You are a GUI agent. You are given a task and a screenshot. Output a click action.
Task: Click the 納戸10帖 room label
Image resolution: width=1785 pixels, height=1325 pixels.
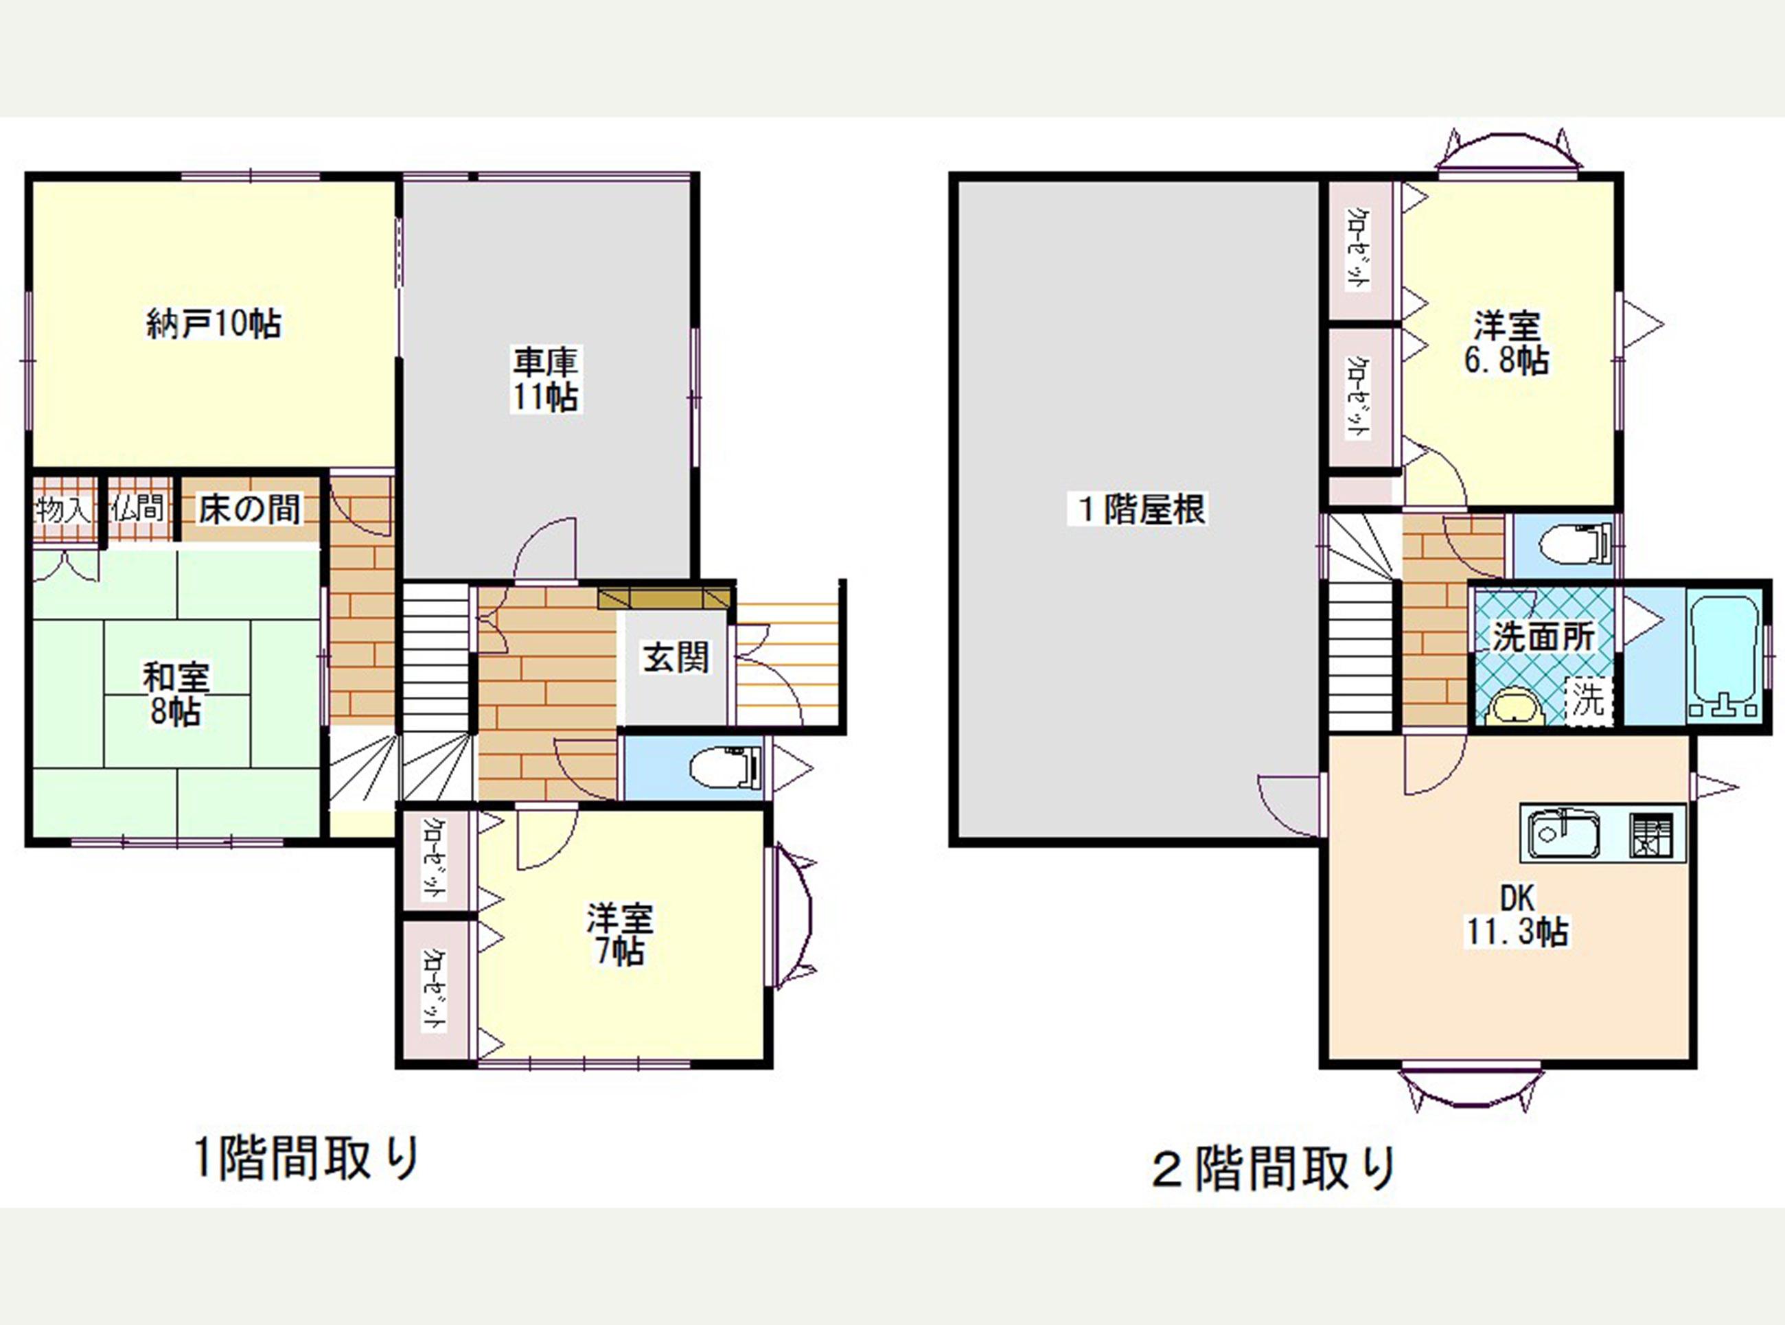pos(214,324)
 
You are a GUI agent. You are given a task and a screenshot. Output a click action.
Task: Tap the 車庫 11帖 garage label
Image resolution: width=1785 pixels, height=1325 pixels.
pos(546,380)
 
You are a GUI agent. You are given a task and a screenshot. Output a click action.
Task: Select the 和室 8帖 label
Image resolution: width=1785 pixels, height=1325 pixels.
pos(176,694)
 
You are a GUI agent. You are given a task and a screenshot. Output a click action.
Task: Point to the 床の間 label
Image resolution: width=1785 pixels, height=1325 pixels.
pos(249,509)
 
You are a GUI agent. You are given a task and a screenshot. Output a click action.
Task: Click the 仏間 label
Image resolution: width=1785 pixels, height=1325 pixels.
pos(138,508)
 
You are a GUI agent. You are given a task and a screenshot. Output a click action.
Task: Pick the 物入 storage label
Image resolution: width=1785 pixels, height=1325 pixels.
pos(63,509)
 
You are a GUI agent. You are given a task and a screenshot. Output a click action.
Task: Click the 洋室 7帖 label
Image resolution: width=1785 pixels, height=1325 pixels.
pos(619,934)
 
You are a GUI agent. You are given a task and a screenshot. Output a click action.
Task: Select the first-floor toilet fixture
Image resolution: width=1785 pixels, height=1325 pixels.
pos(724,768)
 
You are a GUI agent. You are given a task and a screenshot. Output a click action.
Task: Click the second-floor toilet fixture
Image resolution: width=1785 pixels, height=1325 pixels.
pos(1576,544)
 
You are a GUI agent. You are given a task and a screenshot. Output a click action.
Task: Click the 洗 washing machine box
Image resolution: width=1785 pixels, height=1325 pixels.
pos(1588,700)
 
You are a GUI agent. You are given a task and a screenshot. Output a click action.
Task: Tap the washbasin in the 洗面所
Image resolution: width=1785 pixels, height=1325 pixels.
pos(1514,706)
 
